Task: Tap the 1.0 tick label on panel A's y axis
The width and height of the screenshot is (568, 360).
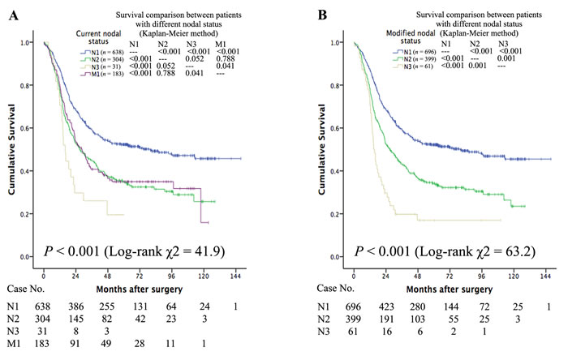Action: tap(27, 42)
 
